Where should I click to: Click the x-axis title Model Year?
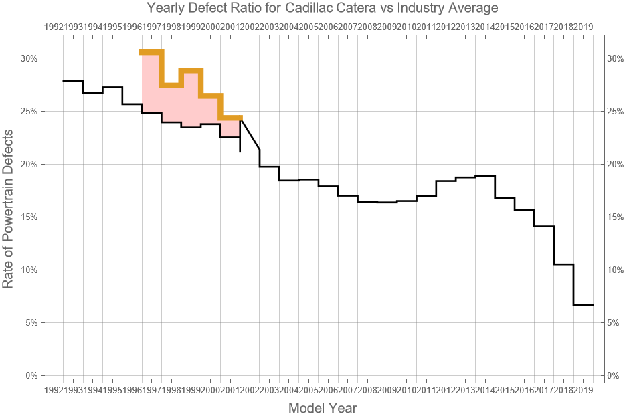click(322, 408)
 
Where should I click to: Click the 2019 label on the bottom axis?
click(584, 389)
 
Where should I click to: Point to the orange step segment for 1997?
click(151, 52)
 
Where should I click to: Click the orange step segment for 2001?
click(230, 118)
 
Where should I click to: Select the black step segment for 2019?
click(584, 304)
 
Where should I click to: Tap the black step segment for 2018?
click(563, 264)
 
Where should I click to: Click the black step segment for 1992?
click(73, 81)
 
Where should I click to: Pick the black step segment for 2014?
click(485, 176)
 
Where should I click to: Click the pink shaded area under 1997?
click(151, 83)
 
